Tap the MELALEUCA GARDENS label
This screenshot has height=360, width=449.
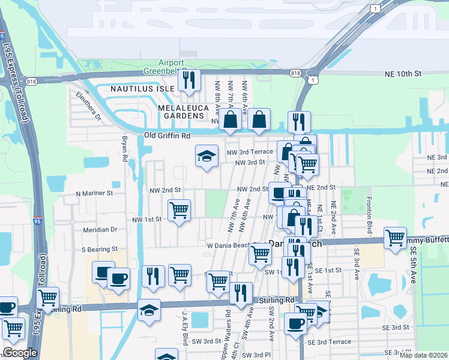pos(182,107)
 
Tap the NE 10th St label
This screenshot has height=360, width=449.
pos(403,73)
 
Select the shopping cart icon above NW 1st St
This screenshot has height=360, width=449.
pos(179,210)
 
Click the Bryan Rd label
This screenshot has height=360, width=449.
pos(125,148)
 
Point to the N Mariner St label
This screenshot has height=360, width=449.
pos(94,194)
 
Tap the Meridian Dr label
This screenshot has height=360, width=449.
pos(96,229)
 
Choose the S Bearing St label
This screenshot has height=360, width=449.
pos(97,248)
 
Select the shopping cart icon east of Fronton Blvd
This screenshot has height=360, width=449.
pos(395,238)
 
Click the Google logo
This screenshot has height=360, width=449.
pos(20,353)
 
